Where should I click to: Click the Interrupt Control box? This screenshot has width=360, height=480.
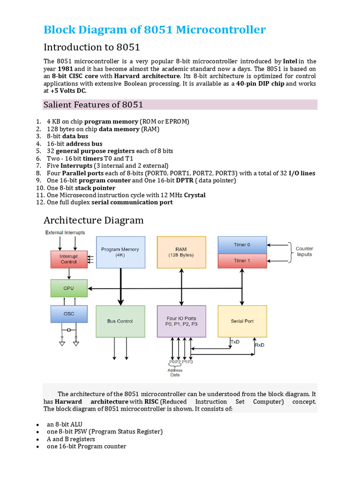[69, 259]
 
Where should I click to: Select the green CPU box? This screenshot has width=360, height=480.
[69, 288]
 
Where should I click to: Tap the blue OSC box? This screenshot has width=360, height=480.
[69, 314]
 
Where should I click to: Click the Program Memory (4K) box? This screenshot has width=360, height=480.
[120, 252]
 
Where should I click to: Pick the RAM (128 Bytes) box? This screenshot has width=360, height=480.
[181, 252]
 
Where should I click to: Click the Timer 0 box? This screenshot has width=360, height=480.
[242, 245]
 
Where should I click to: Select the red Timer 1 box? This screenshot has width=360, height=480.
[242, 261]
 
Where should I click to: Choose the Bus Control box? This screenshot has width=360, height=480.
[120, 322]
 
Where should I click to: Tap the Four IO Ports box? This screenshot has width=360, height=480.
[181, 322]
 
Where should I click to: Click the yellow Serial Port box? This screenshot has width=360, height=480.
[242, 322]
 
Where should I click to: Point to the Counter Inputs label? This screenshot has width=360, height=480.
[304, 252]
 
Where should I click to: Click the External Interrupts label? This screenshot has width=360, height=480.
[65, 233]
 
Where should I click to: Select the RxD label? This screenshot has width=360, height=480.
[259, 345]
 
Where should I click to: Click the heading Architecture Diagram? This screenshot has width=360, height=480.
[94, 220]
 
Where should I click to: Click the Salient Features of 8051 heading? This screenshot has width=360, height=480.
[93, 105]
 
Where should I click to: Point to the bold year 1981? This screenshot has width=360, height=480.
[65, 68]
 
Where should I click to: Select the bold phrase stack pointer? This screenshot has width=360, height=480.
[95, 188]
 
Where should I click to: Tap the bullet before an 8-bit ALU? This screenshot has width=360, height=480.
[37, 424]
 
